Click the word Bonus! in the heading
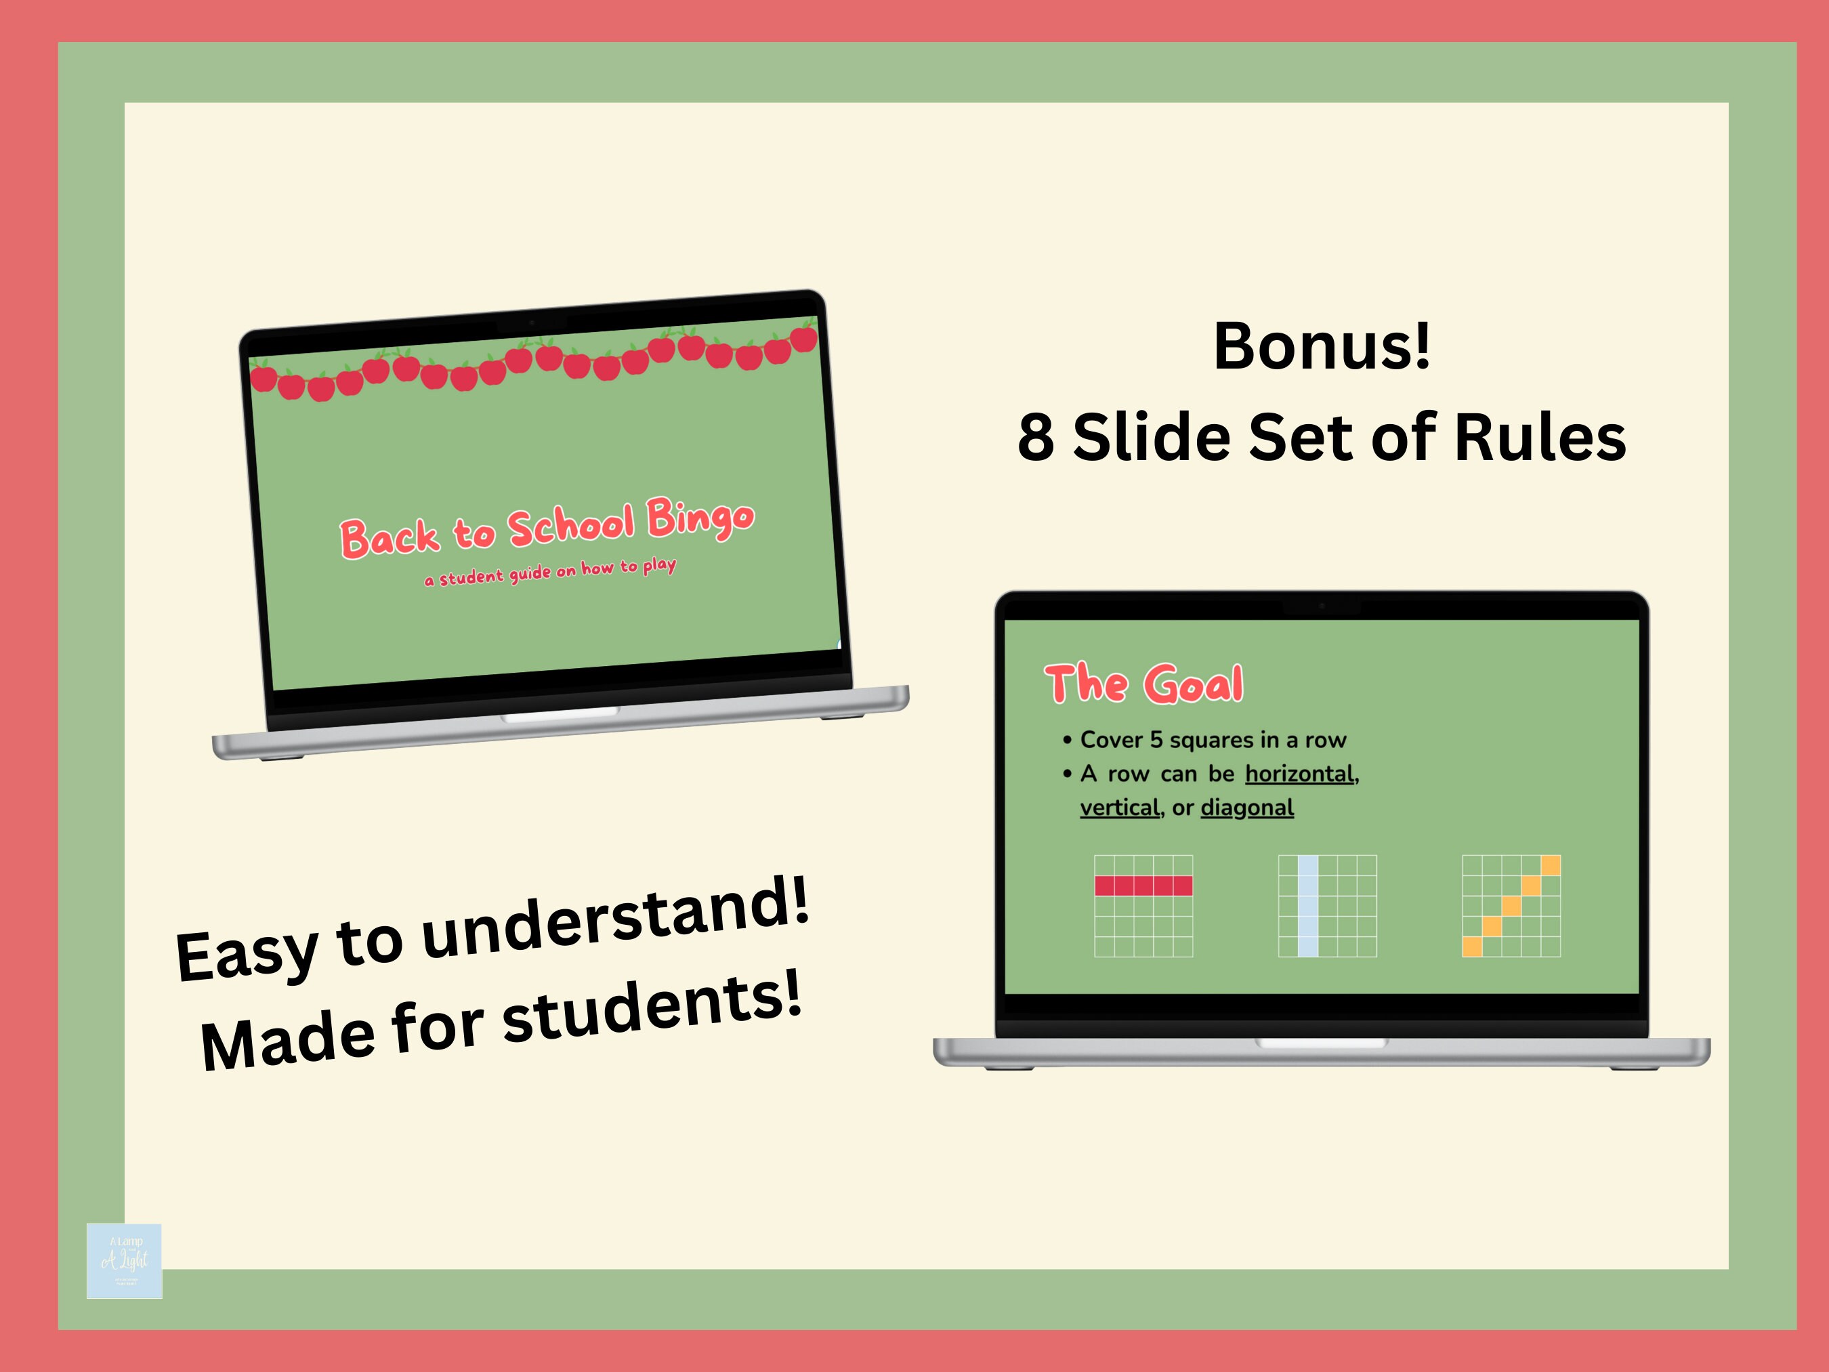tap(1322, 346)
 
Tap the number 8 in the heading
tap(1035, 438)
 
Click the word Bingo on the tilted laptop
tap(700, 518)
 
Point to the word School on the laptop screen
tap(570, 526)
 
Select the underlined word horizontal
tap(1300, 774)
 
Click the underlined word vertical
tap(1120, 808)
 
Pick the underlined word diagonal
tap(1247, 808)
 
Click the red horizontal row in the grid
tap(1143, 886)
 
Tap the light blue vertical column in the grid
tap(1308, 906)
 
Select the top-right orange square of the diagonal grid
tap(1551, 865)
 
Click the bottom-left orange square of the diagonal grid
tap(1473, 946)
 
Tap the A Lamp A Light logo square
tap(124, 1260)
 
